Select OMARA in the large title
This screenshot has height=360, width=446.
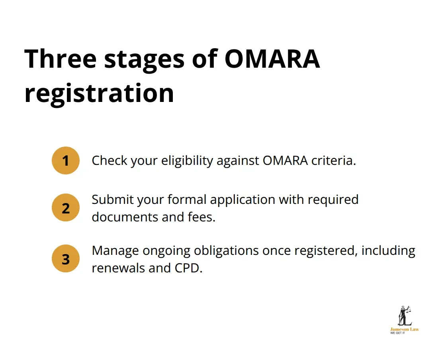tap(272, 59)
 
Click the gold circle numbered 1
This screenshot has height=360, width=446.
tap(66, 160)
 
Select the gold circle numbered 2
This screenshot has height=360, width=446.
tap(66, 207)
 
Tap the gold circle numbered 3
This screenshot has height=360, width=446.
tap(66, 259)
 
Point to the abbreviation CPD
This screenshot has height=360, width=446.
tap(188, 268)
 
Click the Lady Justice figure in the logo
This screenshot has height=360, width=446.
tap(404, 316)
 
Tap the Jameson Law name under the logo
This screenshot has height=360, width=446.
tap(404, 329)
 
